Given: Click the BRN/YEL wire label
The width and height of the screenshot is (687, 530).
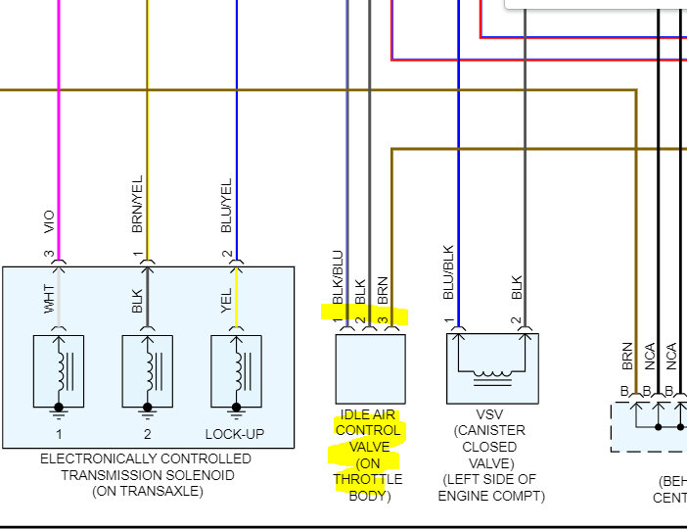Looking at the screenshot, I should (137, 208).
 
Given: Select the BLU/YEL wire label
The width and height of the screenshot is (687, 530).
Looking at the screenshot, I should (227, 208).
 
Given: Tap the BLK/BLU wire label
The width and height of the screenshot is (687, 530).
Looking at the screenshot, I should (338, 279).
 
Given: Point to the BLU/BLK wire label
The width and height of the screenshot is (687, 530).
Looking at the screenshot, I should (448, 271).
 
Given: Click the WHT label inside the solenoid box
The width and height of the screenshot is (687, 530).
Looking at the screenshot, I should (49, 299).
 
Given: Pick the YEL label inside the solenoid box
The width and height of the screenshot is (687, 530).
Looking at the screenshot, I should (227, 299).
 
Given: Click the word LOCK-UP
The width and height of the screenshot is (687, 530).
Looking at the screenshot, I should (235, 434).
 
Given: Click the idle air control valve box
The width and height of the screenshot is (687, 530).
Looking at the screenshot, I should (369, 368).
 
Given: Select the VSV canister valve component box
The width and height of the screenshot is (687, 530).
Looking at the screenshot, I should (492, 368).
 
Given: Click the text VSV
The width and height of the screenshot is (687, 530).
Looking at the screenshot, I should (490, 414).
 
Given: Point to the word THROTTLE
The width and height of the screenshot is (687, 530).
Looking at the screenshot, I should (367, 479).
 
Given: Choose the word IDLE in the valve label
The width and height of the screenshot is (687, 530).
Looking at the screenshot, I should (355, 414).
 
